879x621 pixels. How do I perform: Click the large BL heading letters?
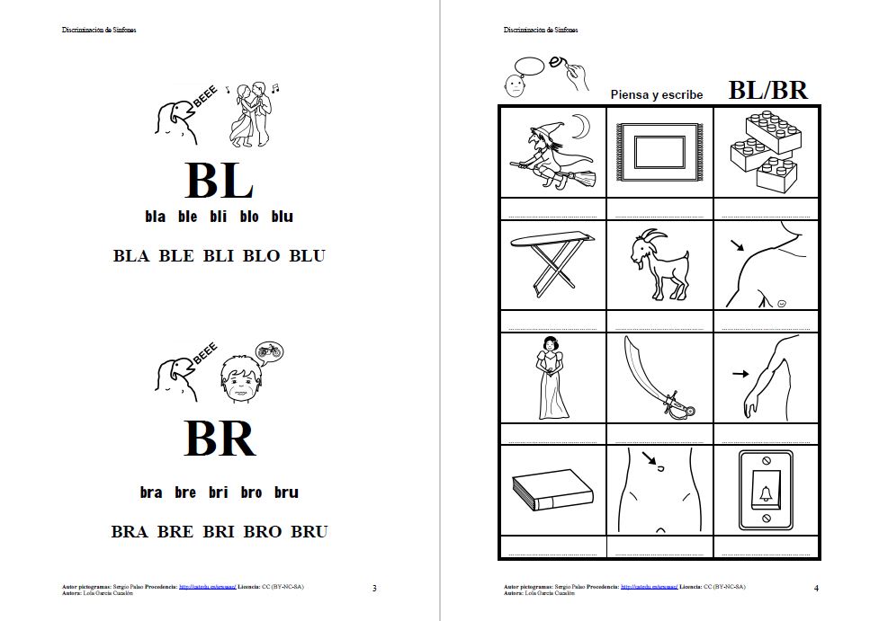[219, 182]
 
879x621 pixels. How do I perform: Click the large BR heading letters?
[220, 439]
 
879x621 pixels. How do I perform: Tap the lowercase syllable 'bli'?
[219, 217]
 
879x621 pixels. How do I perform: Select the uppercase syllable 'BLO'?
[262, 256]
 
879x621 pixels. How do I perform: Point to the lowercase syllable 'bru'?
[286, 492]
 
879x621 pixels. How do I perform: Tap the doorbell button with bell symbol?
[766, 490]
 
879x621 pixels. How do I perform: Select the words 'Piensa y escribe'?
[656, 94]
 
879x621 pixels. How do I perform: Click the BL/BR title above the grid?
[767, 90]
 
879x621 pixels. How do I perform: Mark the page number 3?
[374, 589]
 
